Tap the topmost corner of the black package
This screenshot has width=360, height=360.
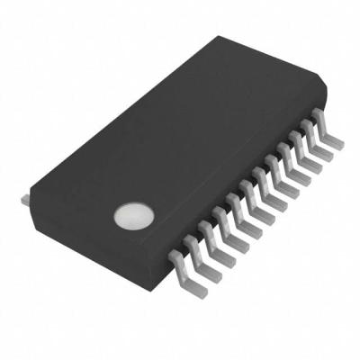click(x=214, y=37)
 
